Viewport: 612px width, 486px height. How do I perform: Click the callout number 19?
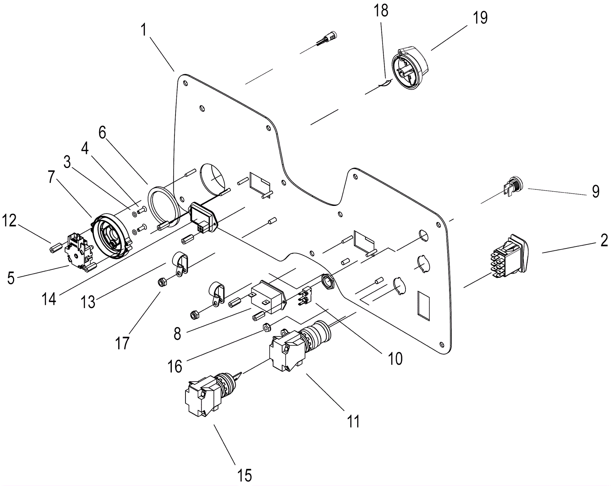pyautogui.click(x=480, y=18)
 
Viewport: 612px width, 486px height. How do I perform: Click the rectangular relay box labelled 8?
pyautogui.click(x=267, y=297)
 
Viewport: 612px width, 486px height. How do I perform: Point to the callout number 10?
pyautogui.click(x=395, y=358)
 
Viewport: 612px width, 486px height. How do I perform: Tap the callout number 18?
pyautogui.click(x=381, y=11)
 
